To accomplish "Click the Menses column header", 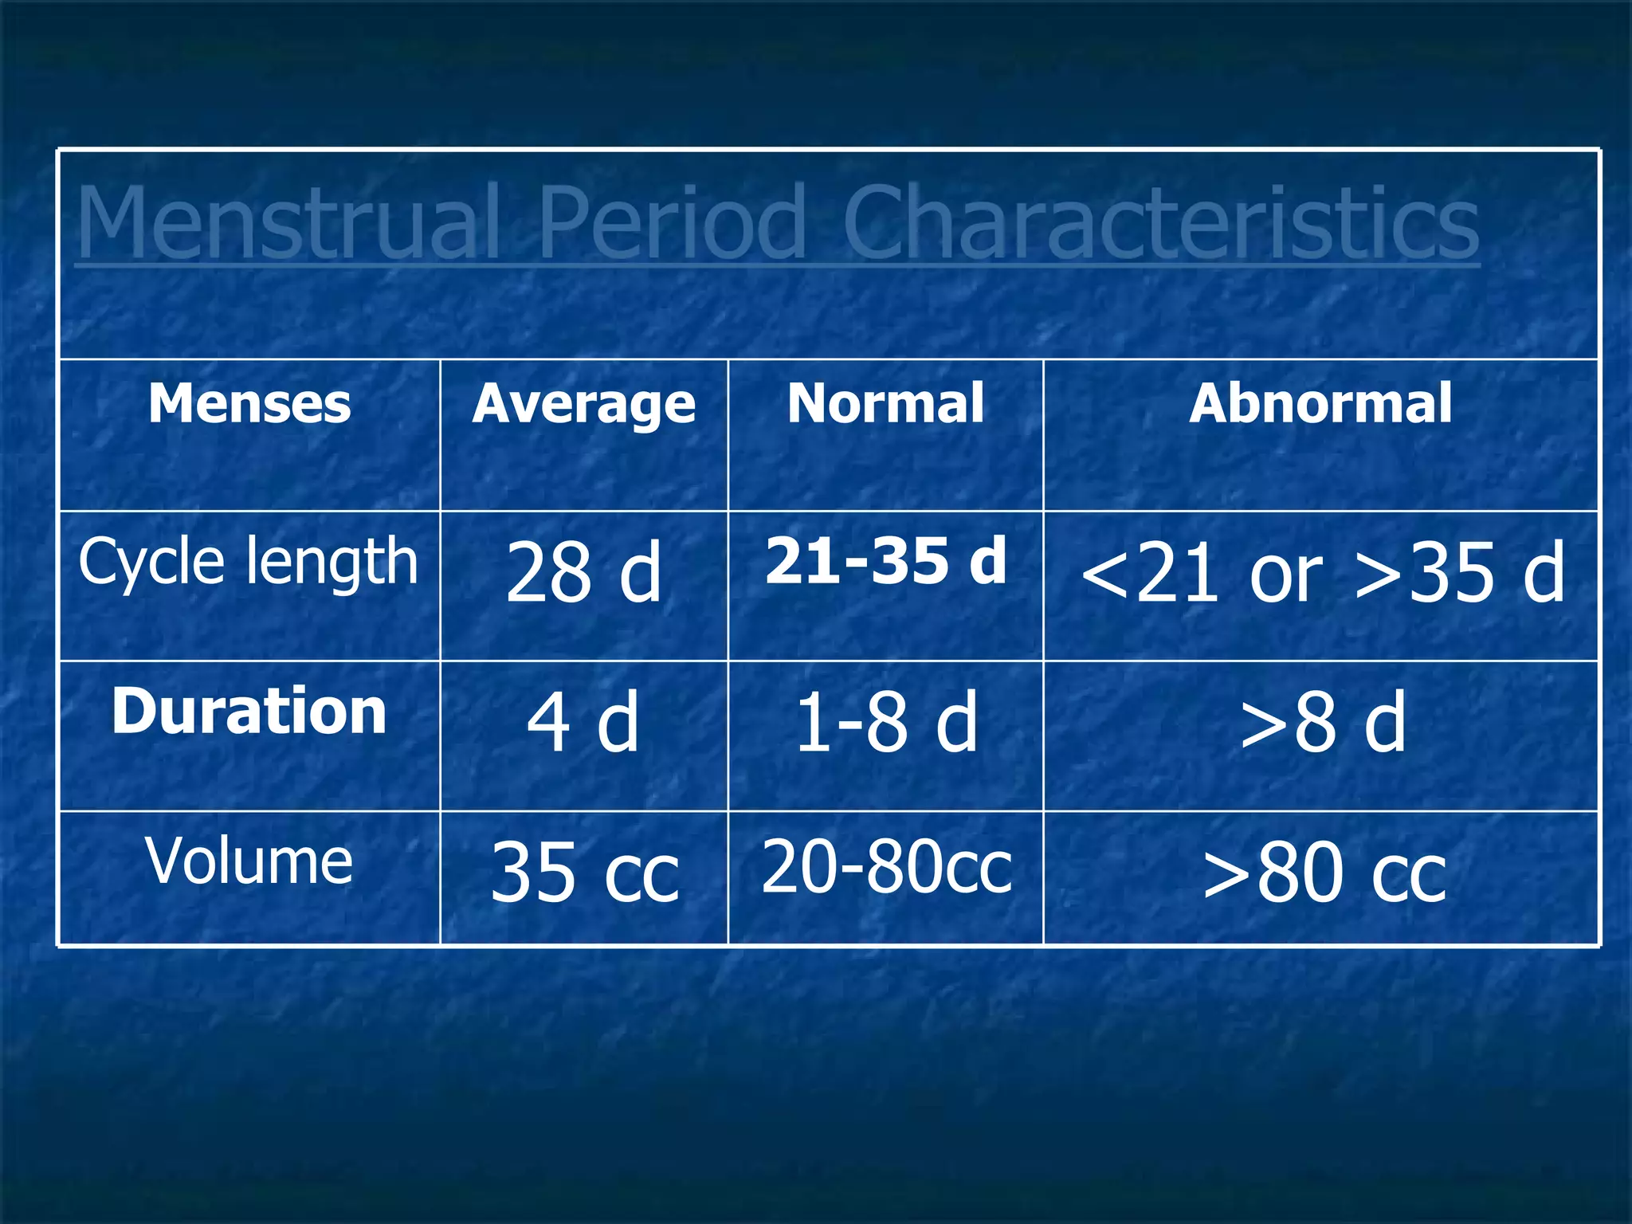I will [249, 403].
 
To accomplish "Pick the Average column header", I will [583, 405].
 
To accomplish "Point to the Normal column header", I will [885, 403].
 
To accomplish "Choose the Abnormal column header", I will [1320, 403].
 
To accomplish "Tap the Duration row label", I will [249, 712].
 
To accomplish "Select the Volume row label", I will [249, 861].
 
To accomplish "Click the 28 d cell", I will [583, 572].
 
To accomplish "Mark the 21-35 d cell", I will [885, 561].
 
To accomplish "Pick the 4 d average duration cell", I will [583, 722].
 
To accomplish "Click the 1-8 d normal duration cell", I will [885, 722].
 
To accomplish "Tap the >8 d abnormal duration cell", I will [1322, 722].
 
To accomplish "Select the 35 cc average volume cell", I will [584, 873].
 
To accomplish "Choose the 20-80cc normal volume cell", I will [885, 867].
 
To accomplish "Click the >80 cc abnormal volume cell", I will [1323, 873].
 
